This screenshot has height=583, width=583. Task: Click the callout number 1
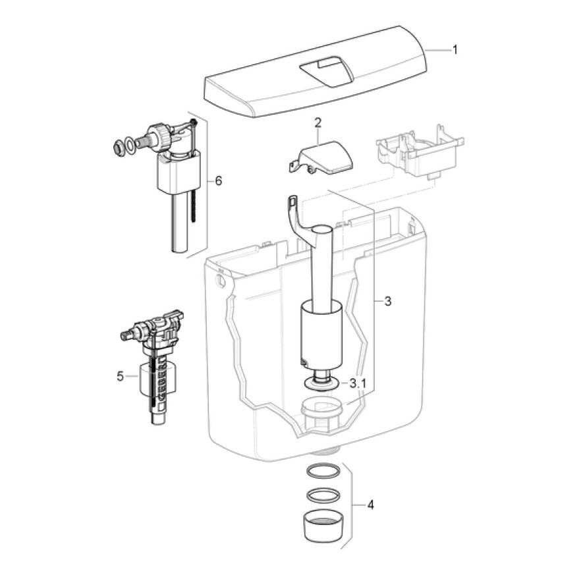(x=455, y=50)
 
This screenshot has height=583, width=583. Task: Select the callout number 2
(x=318, y=123)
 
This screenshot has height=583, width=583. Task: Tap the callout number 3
(x=388, y=301)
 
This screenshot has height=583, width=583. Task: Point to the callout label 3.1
(x=358, y=383)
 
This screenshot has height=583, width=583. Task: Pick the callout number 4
(x=370, y=505)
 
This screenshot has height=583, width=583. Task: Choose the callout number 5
(x=120, y=376)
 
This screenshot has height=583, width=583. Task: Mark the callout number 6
(x=218, y=181)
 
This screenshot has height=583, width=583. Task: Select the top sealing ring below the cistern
(x=323, y=470)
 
